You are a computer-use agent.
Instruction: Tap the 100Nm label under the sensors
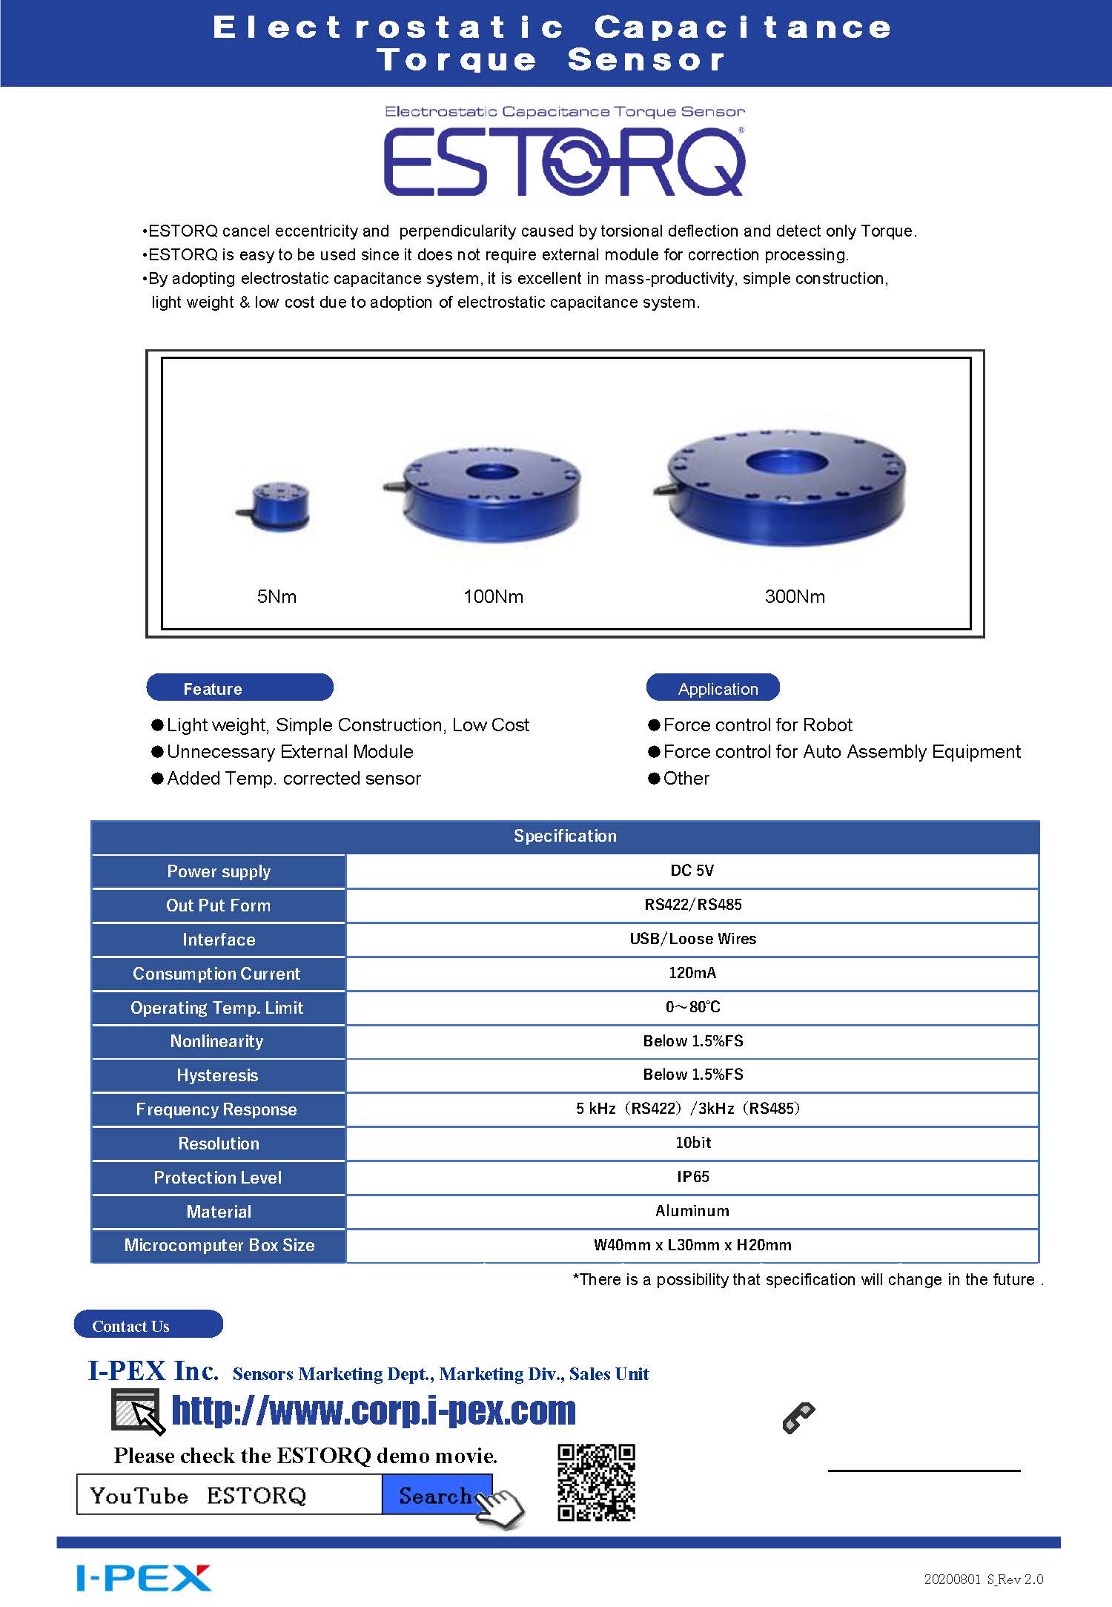[493, 596]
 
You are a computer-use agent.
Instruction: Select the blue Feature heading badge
[239, 687]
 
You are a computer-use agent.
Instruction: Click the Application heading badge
[712, 687]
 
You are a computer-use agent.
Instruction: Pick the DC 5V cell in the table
[692, 871]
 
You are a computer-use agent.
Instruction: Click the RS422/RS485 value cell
[692, 905]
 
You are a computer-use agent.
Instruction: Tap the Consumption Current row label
[216, 974]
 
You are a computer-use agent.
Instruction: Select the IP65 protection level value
[692, 1177]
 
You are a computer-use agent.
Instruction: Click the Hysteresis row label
[217, 1075]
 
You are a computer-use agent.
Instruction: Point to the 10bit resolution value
[692, 1143]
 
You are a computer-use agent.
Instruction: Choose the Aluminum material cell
[692, 1211]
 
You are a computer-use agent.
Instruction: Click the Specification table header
[565, 837]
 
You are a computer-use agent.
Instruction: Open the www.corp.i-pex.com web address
[374, 1410]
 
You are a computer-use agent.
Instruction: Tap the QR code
[596, 1482]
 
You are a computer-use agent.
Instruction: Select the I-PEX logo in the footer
[144, 1578]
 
